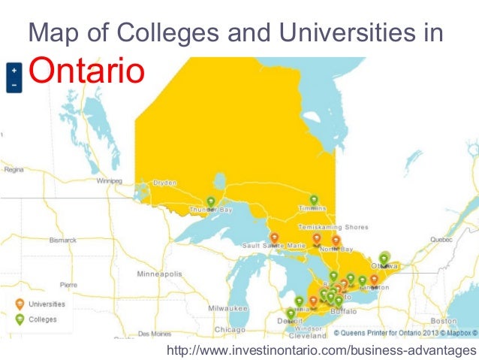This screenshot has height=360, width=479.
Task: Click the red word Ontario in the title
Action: pyautogui.click(x=84, y=73)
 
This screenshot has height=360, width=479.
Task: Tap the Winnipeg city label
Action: pyautogui.click(x=108, y=181)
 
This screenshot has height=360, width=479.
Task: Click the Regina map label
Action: pyautogui.click(x=14, y=170)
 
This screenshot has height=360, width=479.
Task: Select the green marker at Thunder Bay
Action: pyautogui.click(x=211, y=201)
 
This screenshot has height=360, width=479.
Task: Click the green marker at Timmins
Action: pyautogui.click(x=314, y=200)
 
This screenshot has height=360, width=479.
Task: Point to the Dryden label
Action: pyautogui.click(x=164, y=182)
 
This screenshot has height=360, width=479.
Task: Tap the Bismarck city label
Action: pyautogui.click(x=63, y=241)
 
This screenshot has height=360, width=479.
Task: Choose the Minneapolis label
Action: pyautogui.click(x=158, y=274)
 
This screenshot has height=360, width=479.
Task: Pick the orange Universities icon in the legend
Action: pyautogui.click(x=20, y=304)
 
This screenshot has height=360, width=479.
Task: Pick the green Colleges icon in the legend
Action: pyautogui.click(x=20, y=319)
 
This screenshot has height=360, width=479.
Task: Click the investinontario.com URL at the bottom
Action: pyautogui.click(x=321, y=351)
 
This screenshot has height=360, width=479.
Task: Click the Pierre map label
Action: pyautogui.click(x=68, y=285)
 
